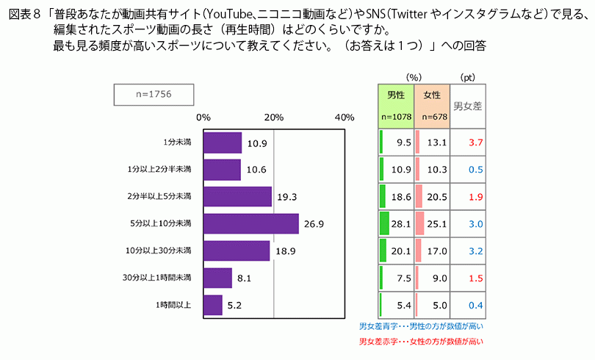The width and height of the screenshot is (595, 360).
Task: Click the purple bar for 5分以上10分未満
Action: (250, 223)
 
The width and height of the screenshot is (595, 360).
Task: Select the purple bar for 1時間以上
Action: (212, 305)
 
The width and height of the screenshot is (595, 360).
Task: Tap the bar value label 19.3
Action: (284, 197)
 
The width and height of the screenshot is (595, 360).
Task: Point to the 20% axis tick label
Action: (274, 118)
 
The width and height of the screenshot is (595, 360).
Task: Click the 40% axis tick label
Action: (344, 118)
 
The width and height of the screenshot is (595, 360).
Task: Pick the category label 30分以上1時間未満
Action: (157, 278)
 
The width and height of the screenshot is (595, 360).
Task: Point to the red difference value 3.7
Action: (475, 143)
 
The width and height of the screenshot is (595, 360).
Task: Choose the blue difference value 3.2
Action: (475, 251)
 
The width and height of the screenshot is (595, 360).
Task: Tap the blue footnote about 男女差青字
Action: (421, 325)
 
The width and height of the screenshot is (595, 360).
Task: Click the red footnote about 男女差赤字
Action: (421, 342)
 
